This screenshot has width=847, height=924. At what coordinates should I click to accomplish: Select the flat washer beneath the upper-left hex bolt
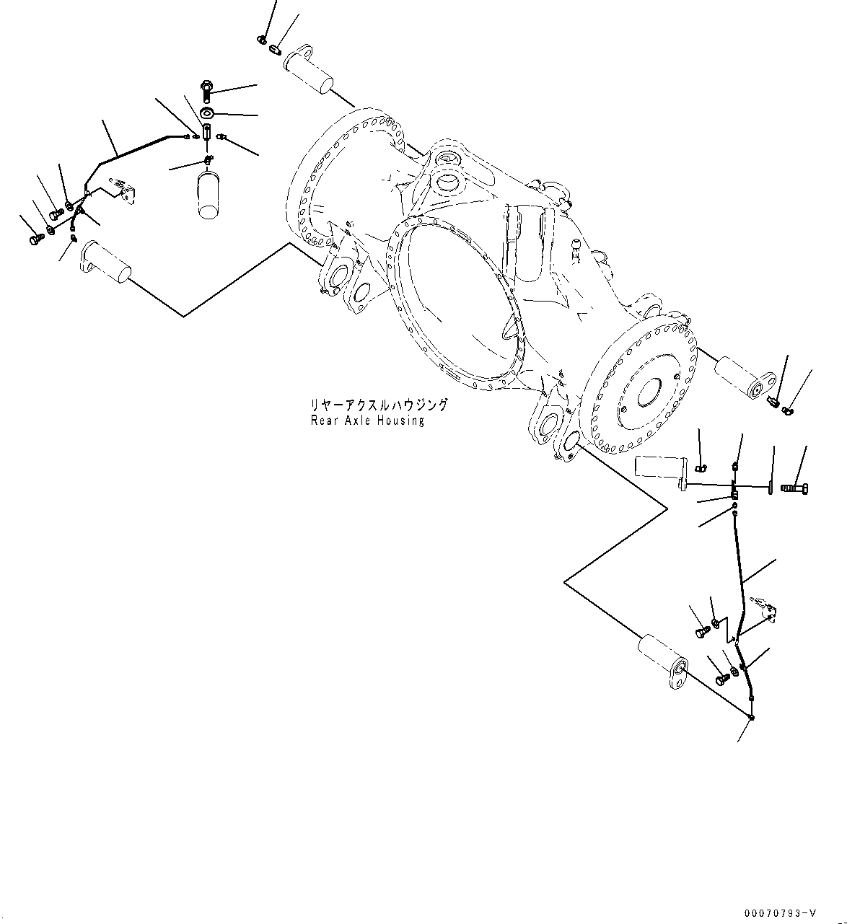tap(208, 113)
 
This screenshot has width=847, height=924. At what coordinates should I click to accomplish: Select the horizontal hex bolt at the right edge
tap(795, 488)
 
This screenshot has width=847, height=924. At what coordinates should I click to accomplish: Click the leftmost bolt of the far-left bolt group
tap(35, 239)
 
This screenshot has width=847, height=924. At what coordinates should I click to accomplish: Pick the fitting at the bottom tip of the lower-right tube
tap(752, 717)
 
